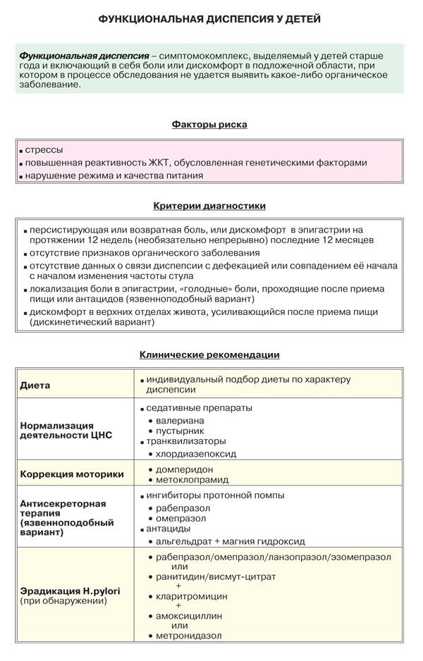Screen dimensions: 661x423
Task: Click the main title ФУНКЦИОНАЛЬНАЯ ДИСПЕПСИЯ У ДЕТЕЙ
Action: [209, 19]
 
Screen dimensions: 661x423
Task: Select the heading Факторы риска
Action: [209, 124]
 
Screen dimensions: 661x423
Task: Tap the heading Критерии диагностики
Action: [209, 206]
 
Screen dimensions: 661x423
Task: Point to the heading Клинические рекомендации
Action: [209, 354]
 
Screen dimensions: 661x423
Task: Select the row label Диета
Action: [35, 385]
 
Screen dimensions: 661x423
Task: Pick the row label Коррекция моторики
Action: [72, 474]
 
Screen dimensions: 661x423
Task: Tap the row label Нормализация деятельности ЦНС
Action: [56, 430]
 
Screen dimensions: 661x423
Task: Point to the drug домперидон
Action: [185, 469]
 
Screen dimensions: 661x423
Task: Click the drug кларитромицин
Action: [192, 595]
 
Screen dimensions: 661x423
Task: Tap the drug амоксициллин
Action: [189, 615]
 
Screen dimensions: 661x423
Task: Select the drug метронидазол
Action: [189, 636]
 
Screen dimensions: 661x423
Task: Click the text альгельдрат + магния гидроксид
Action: [230, 541]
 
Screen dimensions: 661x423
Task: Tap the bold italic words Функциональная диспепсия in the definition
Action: [84, 55]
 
